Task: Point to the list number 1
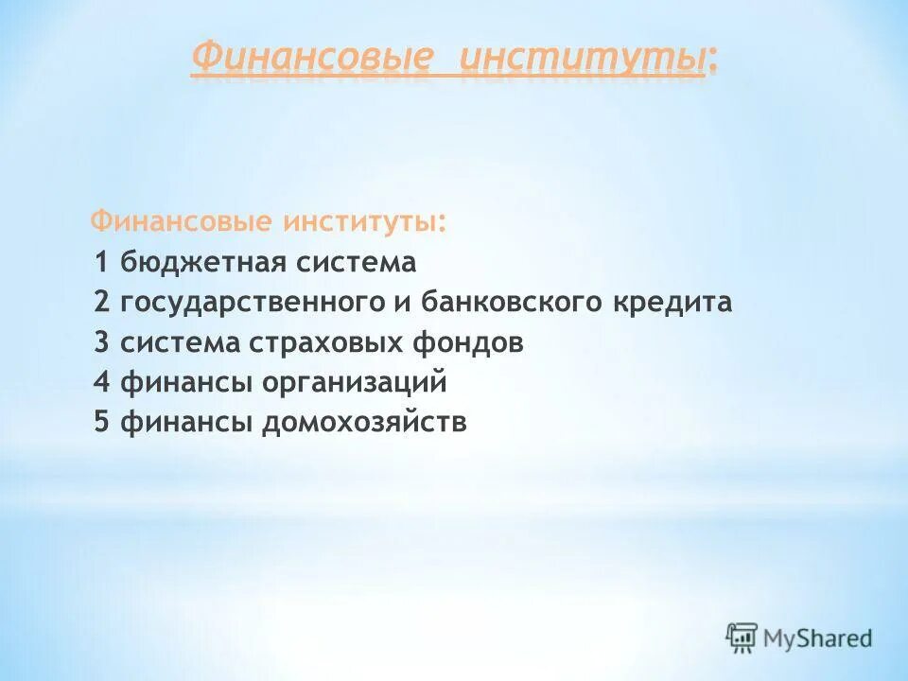pyautogui.click(x=102, y=262)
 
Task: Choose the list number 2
pyautogui.click(x=102, y=303)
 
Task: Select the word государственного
pyautogui.click(x=250, y=303)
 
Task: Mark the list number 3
pyautogui.click(x=102, y=342)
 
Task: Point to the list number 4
pyautogui.click(x=102, y=383)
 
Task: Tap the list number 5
pyautogui.click(x=102, y=423)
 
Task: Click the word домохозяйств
pyautogui.click(x=364, y=423)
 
